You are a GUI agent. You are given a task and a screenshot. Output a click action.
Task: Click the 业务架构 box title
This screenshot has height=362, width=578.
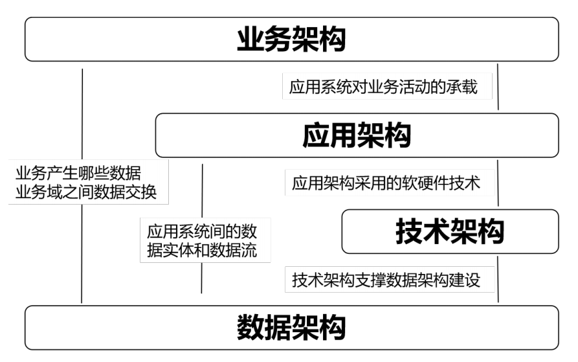pyautogui.click(x=291, y=39)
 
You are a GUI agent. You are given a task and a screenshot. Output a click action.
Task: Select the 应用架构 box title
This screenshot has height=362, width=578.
pyautogui.click(x=357, y=135)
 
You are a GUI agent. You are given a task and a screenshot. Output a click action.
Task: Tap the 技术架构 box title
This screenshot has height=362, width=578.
pyautogui.click(x=450, y=231)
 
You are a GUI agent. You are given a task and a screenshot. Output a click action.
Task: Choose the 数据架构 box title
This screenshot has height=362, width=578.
pyautogui.click(x=291, y=327)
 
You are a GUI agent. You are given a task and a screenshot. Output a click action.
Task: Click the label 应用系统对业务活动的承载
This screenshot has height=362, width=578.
pyautogui.click(x=383, y=87)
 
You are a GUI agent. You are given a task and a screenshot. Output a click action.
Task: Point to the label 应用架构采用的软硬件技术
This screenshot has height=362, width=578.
pyautogui.click(x=386, y=183)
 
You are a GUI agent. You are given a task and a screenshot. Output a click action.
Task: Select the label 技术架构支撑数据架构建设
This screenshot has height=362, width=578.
pyautogui.click(x=386, y=280)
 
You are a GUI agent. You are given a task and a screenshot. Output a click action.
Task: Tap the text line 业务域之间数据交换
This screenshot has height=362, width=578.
pyautogui.click(x=86, y=192)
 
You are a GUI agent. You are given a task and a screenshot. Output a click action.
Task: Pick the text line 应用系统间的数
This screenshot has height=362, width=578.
pyautogui.click(x=202, y=231)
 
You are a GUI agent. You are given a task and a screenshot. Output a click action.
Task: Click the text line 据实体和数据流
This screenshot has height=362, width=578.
pyautogui.click(x=202, y=251)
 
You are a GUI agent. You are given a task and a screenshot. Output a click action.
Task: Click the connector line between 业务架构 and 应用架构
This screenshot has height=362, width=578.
pyautogui.click(x=498, y=87)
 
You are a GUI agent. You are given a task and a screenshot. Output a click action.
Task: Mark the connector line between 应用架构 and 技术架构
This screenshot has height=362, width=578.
pyautogui.click(x=498, y=183)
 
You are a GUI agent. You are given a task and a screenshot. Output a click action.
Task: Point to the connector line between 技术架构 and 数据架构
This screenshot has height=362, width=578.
pyautogui.click(x=498, y=279)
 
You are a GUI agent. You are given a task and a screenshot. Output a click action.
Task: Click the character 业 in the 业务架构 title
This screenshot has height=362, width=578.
pyautogui.click(x=250, y=39)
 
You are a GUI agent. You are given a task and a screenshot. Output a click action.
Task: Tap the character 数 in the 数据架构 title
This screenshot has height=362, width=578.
pyautogui.click(x=250, y=327)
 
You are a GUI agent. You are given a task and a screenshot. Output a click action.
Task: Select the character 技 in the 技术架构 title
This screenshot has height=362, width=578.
pyautogui.click(x=409, y=231)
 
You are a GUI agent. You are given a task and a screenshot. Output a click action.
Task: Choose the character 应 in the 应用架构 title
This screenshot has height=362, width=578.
pyautogui.click(x=316, y=135)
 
